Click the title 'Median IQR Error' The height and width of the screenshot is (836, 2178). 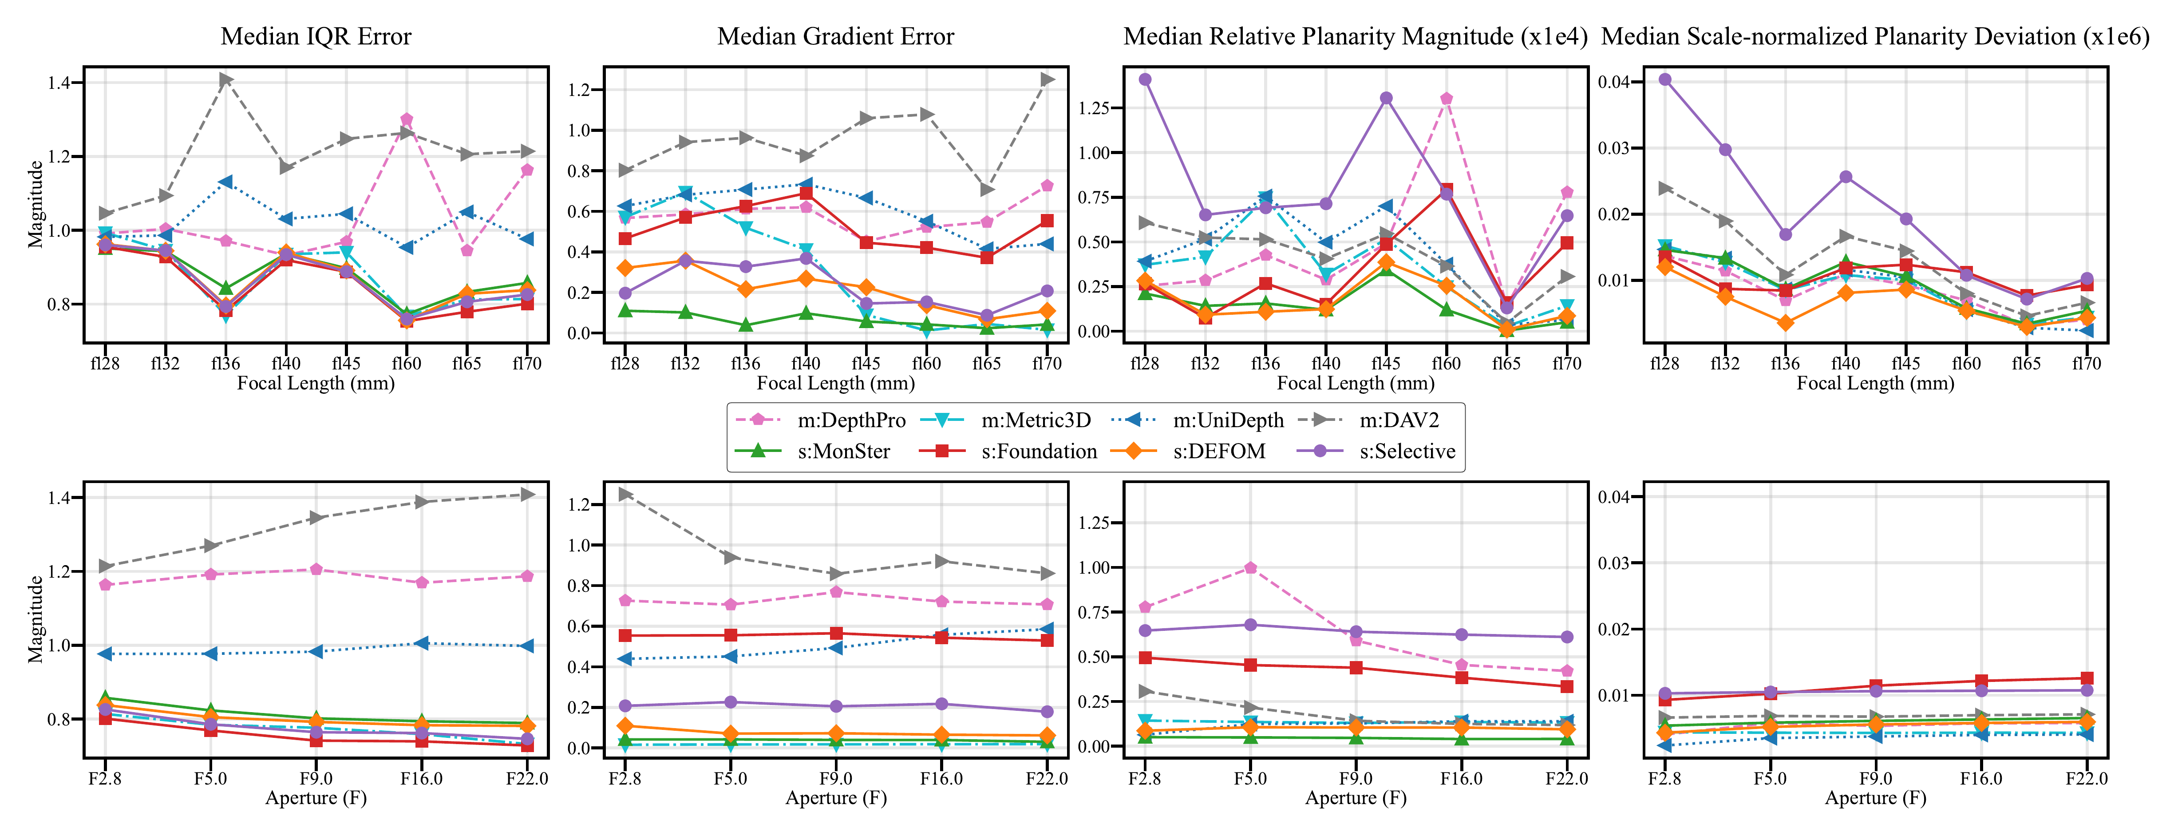click(316, 36)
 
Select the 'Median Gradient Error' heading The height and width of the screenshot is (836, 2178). click(835, 36)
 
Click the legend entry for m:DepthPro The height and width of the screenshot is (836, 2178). click(820, 420)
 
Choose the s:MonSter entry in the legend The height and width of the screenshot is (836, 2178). click(812, 452)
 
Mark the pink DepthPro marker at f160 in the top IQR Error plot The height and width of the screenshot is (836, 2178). click(407, 119)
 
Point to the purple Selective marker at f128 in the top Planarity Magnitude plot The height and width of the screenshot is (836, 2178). click(1145, 79)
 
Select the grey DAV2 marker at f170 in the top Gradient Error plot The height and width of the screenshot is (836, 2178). click(1047, 79)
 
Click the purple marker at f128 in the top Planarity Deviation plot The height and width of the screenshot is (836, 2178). click(1665, 79)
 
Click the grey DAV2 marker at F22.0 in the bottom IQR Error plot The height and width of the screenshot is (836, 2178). click(527, 495)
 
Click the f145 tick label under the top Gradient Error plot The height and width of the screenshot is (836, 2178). click(866, 364)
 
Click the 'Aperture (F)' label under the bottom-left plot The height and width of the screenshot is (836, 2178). click(316, 798)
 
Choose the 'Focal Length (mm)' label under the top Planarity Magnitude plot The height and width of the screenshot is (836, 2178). click(1356, 383)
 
